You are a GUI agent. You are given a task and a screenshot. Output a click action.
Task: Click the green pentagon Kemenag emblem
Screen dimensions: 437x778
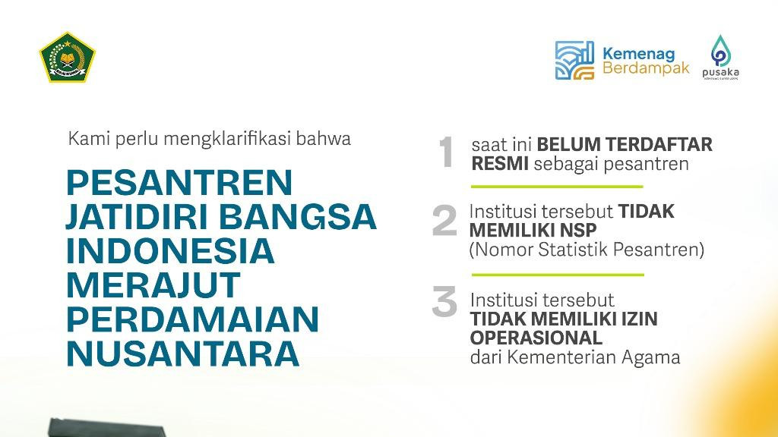pyautogui.click(x=67, y=58)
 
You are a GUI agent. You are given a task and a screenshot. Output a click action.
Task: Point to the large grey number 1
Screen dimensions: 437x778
pyautogui.click(x=446, y=152)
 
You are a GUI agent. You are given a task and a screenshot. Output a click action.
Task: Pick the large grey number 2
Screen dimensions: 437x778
pyautogui.click(x=444, y=221)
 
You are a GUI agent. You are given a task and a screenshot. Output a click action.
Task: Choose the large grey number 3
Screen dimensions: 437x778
pyautogui.click(x=444, y=301)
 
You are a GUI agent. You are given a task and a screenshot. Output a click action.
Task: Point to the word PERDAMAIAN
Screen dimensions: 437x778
pyautogui.click(x=192, y=319)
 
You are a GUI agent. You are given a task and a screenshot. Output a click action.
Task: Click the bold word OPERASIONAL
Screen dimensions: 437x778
pyautogui.click(x=536, y=338)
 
